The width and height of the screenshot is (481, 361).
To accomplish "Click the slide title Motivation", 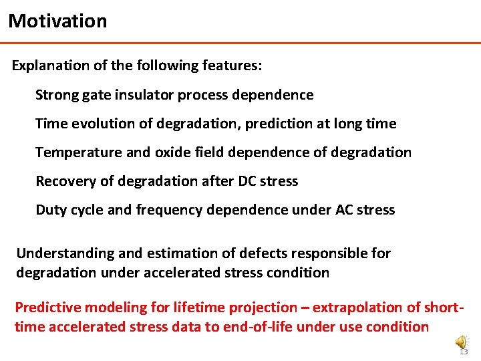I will pos(57,21).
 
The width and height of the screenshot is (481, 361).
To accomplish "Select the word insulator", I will pos(144,95).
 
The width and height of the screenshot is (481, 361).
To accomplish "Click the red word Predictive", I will pos(45,308).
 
